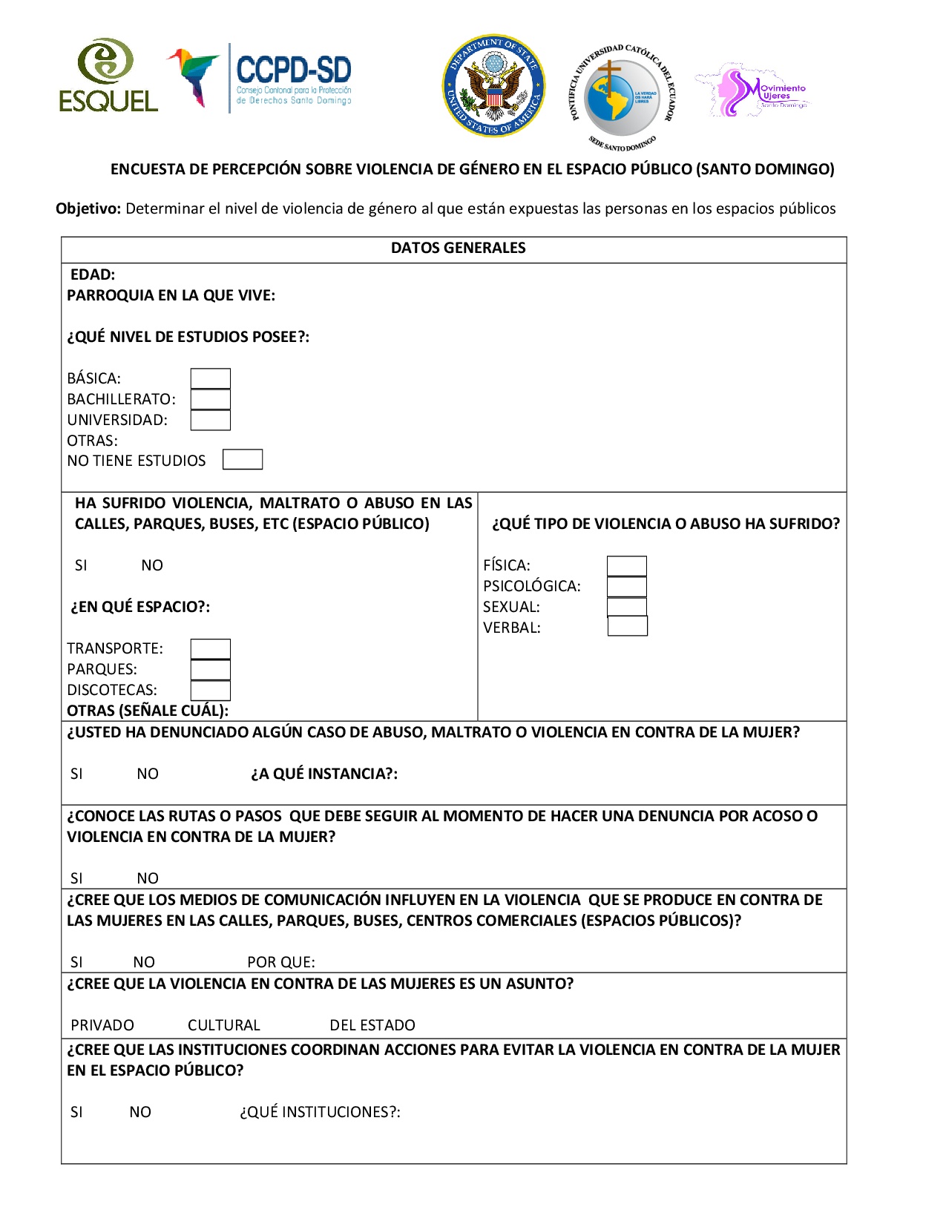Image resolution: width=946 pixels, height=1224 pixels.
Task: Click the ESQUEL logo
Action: coord(108,76)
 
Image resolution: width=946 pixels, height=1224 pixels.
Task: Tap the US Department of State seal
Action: coord(493,85)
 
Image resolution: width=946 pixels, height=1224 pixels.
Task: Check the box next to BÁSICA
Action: coord(210,378)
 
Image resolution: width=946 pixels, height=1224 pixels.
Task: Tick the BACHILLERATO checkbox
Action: coord(210,399)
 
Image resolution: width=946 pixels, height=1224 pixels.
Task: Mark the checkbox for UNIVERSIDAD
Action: coord(210,420)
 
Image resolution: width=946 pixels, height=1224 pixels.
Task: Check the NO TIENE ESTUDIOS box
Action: coord(243,460)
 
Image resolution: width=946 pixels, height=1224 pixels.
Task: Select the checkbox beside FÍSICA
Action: coord(627,565)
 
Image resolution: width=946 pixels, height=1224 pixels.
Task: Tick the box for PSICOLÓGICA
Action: coord(627,586)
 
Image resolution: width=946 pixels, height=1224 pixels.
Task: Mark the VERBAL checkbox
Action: coord(628,627)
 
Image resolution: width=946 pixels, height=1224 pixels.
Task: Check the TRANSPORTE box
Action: coord(210,648)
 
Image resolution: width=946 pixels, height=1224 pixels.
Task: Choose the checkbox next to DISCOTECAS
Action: coord(210,691)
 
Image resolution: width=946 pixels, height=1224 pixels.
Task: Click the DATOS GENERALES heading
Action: coord(458,249)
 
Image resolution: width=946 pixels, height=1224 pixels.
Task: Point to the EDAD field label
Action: coord(93,274)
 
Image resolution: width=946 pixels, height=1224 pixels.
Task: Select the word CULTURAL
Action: coord(224,1025)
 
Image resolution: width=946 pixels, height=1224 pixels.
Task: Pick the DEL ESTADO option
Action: coord(372,1025)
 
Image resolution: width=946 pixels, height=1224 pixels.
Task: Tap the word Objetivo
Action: coord(88,208)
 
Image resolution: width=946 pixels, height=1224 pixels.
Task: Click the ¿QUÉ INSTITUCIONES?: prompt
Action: coord(320,1112)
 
